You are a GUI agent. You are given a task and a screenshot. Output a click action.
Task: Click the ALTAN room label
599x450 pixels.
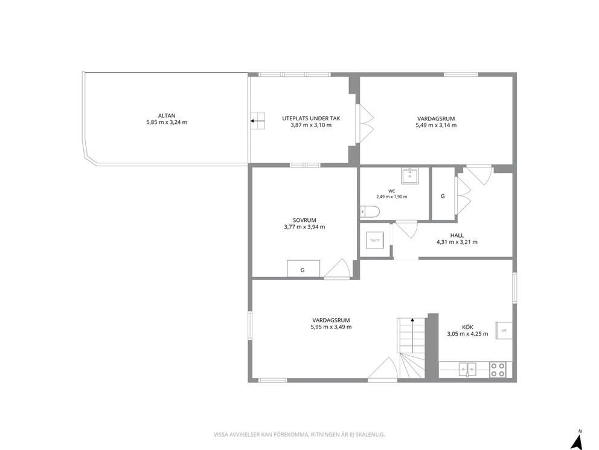pos(167,116)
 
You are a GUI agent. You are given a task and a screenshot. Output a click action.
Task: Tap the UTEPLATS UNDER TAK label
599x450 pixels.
pos(311,118)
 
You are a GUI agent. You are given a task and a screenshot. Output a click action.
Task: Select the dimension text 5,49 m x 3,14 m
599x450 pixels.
pos(436,125)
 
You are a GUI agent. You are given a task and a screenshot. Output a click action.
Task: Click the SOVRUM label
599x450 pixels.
pos(304,220)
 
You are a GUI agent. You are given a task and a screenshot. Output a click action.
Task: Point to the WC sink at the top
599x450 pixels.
pos(410,175)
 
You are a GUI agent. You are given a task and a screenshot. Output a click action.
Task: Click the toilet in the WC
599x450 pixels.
pos(370,211)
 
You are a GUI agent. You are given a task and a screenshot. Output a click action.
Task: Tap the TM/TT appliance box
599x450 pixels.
pos(375,241)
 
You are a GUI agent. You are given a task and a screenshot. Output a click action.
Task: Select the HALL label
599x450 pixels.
pos(457,235)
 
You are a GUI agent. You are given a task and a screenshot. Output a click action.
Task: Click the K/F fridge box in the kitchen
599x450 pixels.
pos(504,330)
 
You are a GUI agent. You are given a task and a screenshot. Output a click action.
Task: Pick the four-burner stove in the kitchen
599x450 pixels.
pos(498,370)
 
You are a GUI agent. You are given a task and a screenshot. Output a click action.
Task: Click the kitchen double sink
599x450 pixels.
pos(467,370)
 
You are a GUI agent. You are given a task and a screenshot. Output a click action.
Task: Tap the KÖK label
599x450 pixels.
pos(467,327)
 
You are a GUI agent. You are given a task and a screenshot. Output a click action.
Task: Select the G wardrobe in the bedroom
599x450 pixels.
pos(303,268)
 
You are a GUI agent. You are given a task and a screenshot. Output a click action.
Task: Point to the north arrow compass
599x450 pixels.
pos(577,441)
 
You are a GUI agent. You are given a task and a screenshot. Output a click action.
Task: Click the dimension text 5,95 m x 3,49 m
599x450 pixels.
pos(332,327)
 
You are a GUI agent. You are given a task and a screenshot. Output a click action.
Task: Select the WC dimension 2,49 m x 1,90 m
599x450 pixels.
pos(391,197)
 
